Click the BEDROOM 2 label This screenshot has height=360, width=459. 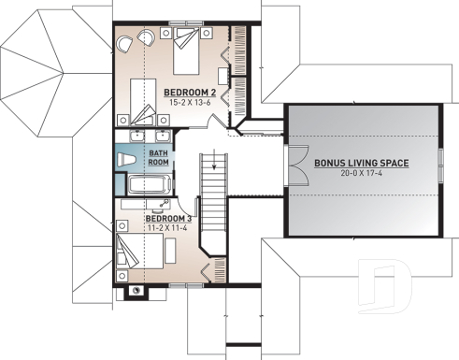192,92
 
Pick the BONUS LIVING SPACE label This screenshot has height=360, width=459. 361,162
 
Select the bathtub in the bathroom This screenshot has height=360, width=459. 149,183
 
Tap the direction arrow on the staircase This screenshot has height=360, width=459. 214,166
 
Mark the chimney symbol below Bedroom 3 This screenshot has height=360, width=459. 136,290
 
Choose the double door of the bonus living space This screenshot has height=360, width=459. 295,166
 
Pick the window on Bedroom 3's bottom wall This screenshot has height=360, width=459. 161,283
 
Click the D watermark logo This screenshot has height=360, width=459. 385,290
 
